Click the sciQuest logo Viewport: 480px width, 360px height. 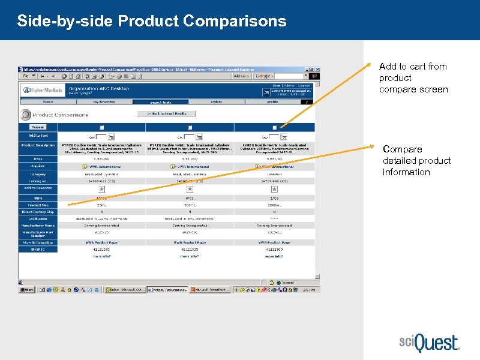click(430, 343)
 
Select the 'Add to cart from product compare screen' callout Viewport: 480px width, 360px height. click(413, 78)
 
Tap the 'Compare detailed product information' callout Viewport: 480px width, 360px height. click(416, 161)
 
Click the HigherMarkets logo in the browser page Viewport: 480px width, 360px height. click(42, 91)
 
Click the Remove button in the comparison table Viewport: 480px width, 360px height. click(38, 127)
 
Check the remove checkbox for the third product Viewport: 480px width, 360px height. click(274, 127)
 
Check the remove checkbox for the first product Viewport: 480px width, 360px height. click(101, 127)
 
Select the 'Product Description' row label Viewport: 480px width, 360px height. click(38, 146)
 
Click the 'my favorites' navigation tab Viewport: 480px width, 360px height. click(104, 102)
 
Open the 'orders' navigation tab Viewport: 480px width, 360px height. click(216, 102)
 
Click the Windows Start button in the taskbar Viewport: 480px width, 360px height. click(28, 289)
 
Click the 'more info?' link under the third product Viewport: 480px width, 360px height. click(274, 256)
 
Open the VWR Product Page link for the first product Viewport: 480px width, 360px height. click(101, 242)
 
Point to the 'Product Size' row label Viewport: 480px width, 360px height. click(38, 205)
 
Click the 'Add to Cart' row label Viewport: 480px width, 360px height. click(38, 136)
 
